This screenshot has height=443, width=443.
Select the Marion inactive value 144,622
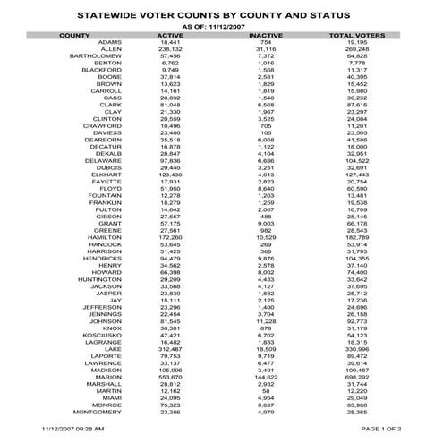[265, 378]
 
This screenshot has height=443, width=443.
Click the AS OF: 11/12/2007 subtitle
[219, 26]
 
